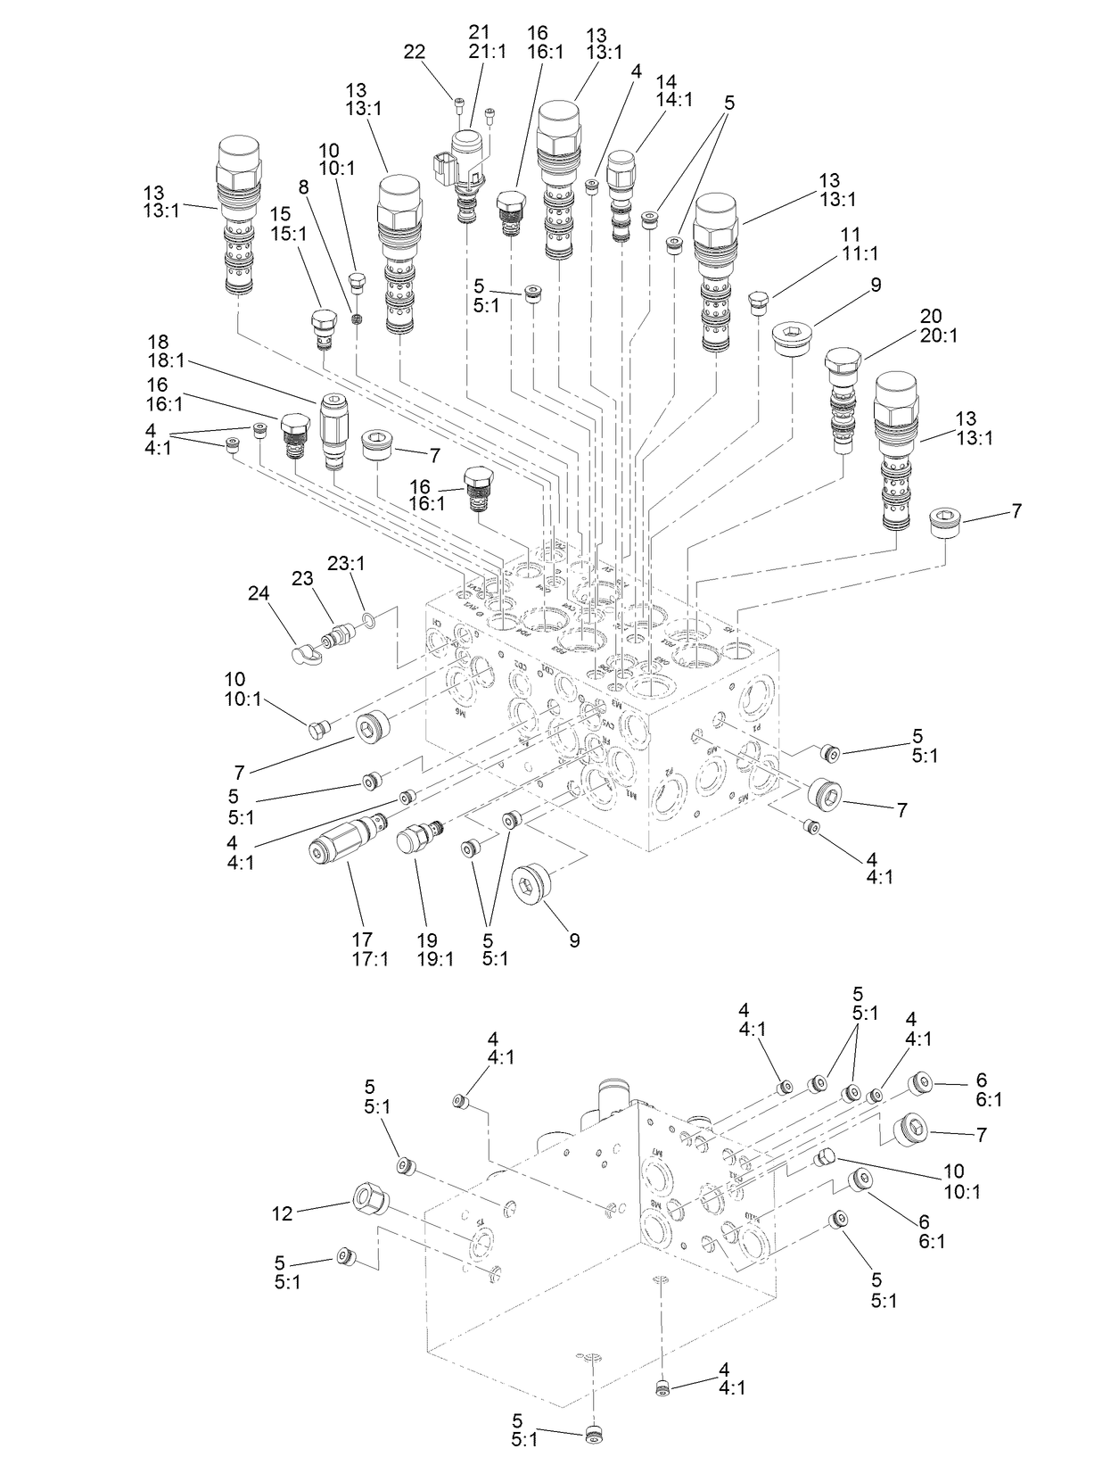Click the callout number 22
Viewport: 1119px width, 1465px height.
(415, 52)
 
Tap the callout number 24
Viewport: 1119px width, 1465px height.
(259, 593)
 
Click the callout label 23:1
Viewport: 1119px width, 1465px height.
(346, 564)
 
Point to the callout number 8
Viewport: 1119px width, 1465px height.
(304, 187)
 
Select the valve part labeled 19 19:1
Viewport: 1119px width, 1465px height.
(417, 839)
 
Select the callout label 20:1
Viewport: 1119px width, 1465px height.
(930, 336)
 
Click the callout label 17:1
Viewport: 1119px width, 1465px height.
(363, 960)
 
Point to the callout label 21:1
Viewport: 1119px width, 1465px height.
(487, 51)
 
